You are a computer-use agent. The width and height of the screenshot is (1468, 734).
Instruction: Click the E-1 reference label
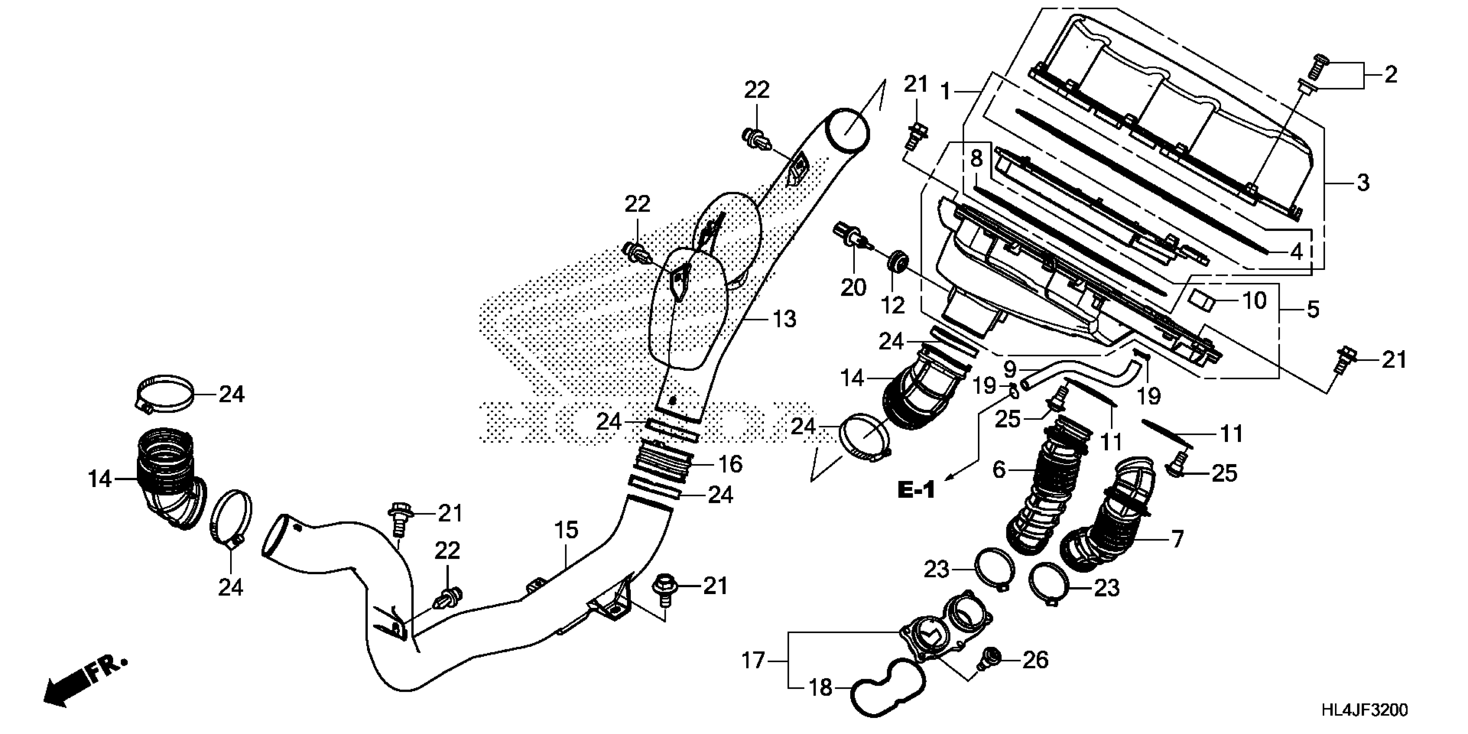point(916,490)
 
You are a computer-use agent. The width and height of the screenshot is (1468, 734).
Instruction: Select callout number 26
point(1035,660)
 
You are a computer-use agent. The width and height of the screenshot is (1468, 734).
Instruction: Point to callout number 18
point(821,688)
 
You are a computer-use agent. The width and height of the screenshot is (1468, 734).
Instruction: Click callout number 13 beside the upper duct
point(784,319)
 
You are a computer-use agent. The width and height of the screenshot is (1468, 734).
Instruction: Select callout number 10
point(1254,301)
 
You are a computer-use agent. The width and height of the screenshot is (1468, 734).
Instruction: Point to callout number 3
point(1362,183)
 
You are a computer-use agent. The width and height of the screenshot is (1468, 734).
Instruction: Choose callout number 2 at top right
point(1390,75)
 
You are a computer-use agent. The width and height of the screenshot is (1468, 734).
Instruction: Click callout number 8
point(977,158)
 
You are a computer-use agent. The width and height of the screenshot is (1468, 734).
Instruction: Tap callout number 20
point(853,287)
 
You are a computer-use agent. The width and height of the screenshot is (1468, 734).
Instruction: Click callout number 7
point(1177,538)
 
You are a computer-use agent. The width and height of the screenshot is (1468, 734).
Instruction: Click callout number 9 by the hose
point(1010,369)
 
